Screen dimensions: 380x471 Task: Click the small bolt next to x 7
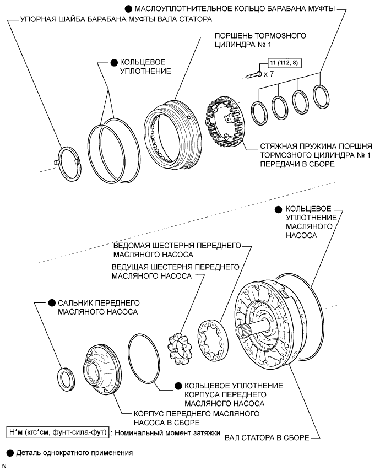(x=254, y=75)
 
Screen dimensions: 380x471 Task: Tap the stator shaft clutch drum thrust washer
(x=69, y=164)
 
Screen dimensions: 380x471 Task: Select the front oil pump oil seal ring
(x=66, y=379)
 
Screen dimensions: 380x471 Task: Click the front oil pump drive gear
(x=180, y=349)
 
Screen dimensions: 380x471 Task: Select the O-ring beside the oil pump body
(x=143, y=359)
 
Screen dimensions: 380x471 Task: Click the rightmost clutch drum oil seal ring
(x=321, y=96)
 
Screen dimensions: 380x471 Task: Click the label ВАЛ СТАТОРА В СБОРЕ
(x=267, y=437)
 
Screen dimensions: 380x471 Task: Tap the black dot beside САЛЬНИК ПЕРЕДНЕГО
(x=52, y=303)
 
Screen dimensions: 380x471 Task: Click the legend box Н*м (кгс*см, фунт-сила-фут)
(x=58, y=432)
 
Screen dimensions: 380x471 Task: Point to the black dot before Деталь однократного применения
(x=10, y=453)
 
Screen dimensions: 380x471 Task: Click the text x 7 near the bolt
(x=269, y=74)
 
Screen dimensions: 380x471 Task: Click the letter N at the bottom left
(x=4, y=466)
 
